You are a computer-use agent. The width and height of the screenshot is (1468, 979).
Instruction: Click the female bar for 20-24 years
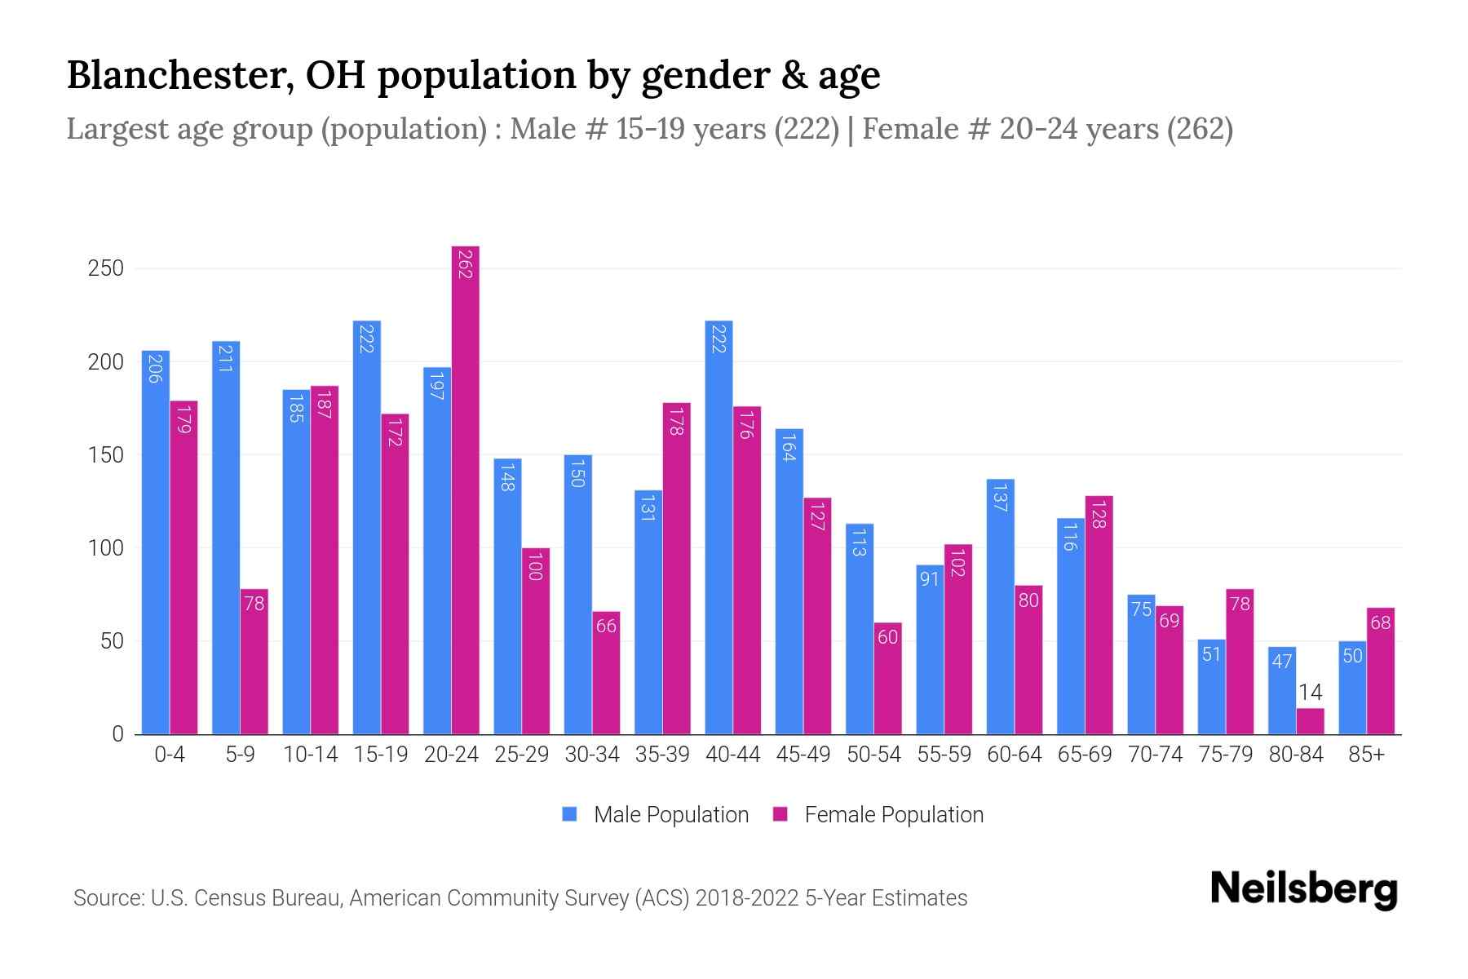tap(465, 489)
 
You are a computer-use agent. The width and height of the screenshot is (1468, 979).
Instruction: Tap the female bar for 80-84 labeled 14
tap(1310, 721)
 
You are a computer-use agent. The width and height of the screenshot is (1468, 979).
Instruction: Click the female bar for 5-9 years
tap(254, 661)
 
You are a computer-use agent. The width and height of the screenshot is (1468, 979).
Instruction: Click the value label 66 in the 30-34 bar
tap(606, 626)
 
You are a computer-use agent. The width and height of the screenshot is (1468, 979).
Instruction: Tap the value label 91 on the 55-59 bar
tap(929, 579)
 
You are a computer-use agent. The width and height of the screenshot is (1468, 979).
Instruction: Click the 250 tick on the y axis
tap(105, 268)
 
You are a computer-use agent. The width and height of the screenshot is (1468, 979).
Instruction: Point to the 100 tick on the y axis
tap(105, 548)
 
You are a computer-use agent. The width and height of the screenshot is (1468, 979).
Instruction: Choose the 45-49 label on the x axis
tap(803, 755)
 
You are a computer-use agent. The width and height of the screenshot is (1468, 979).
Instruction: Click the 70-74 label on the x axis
tap(1155, 755)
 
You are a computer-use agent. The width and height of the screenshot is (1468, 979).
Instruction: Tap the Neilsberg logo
tap(1302, 889)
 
